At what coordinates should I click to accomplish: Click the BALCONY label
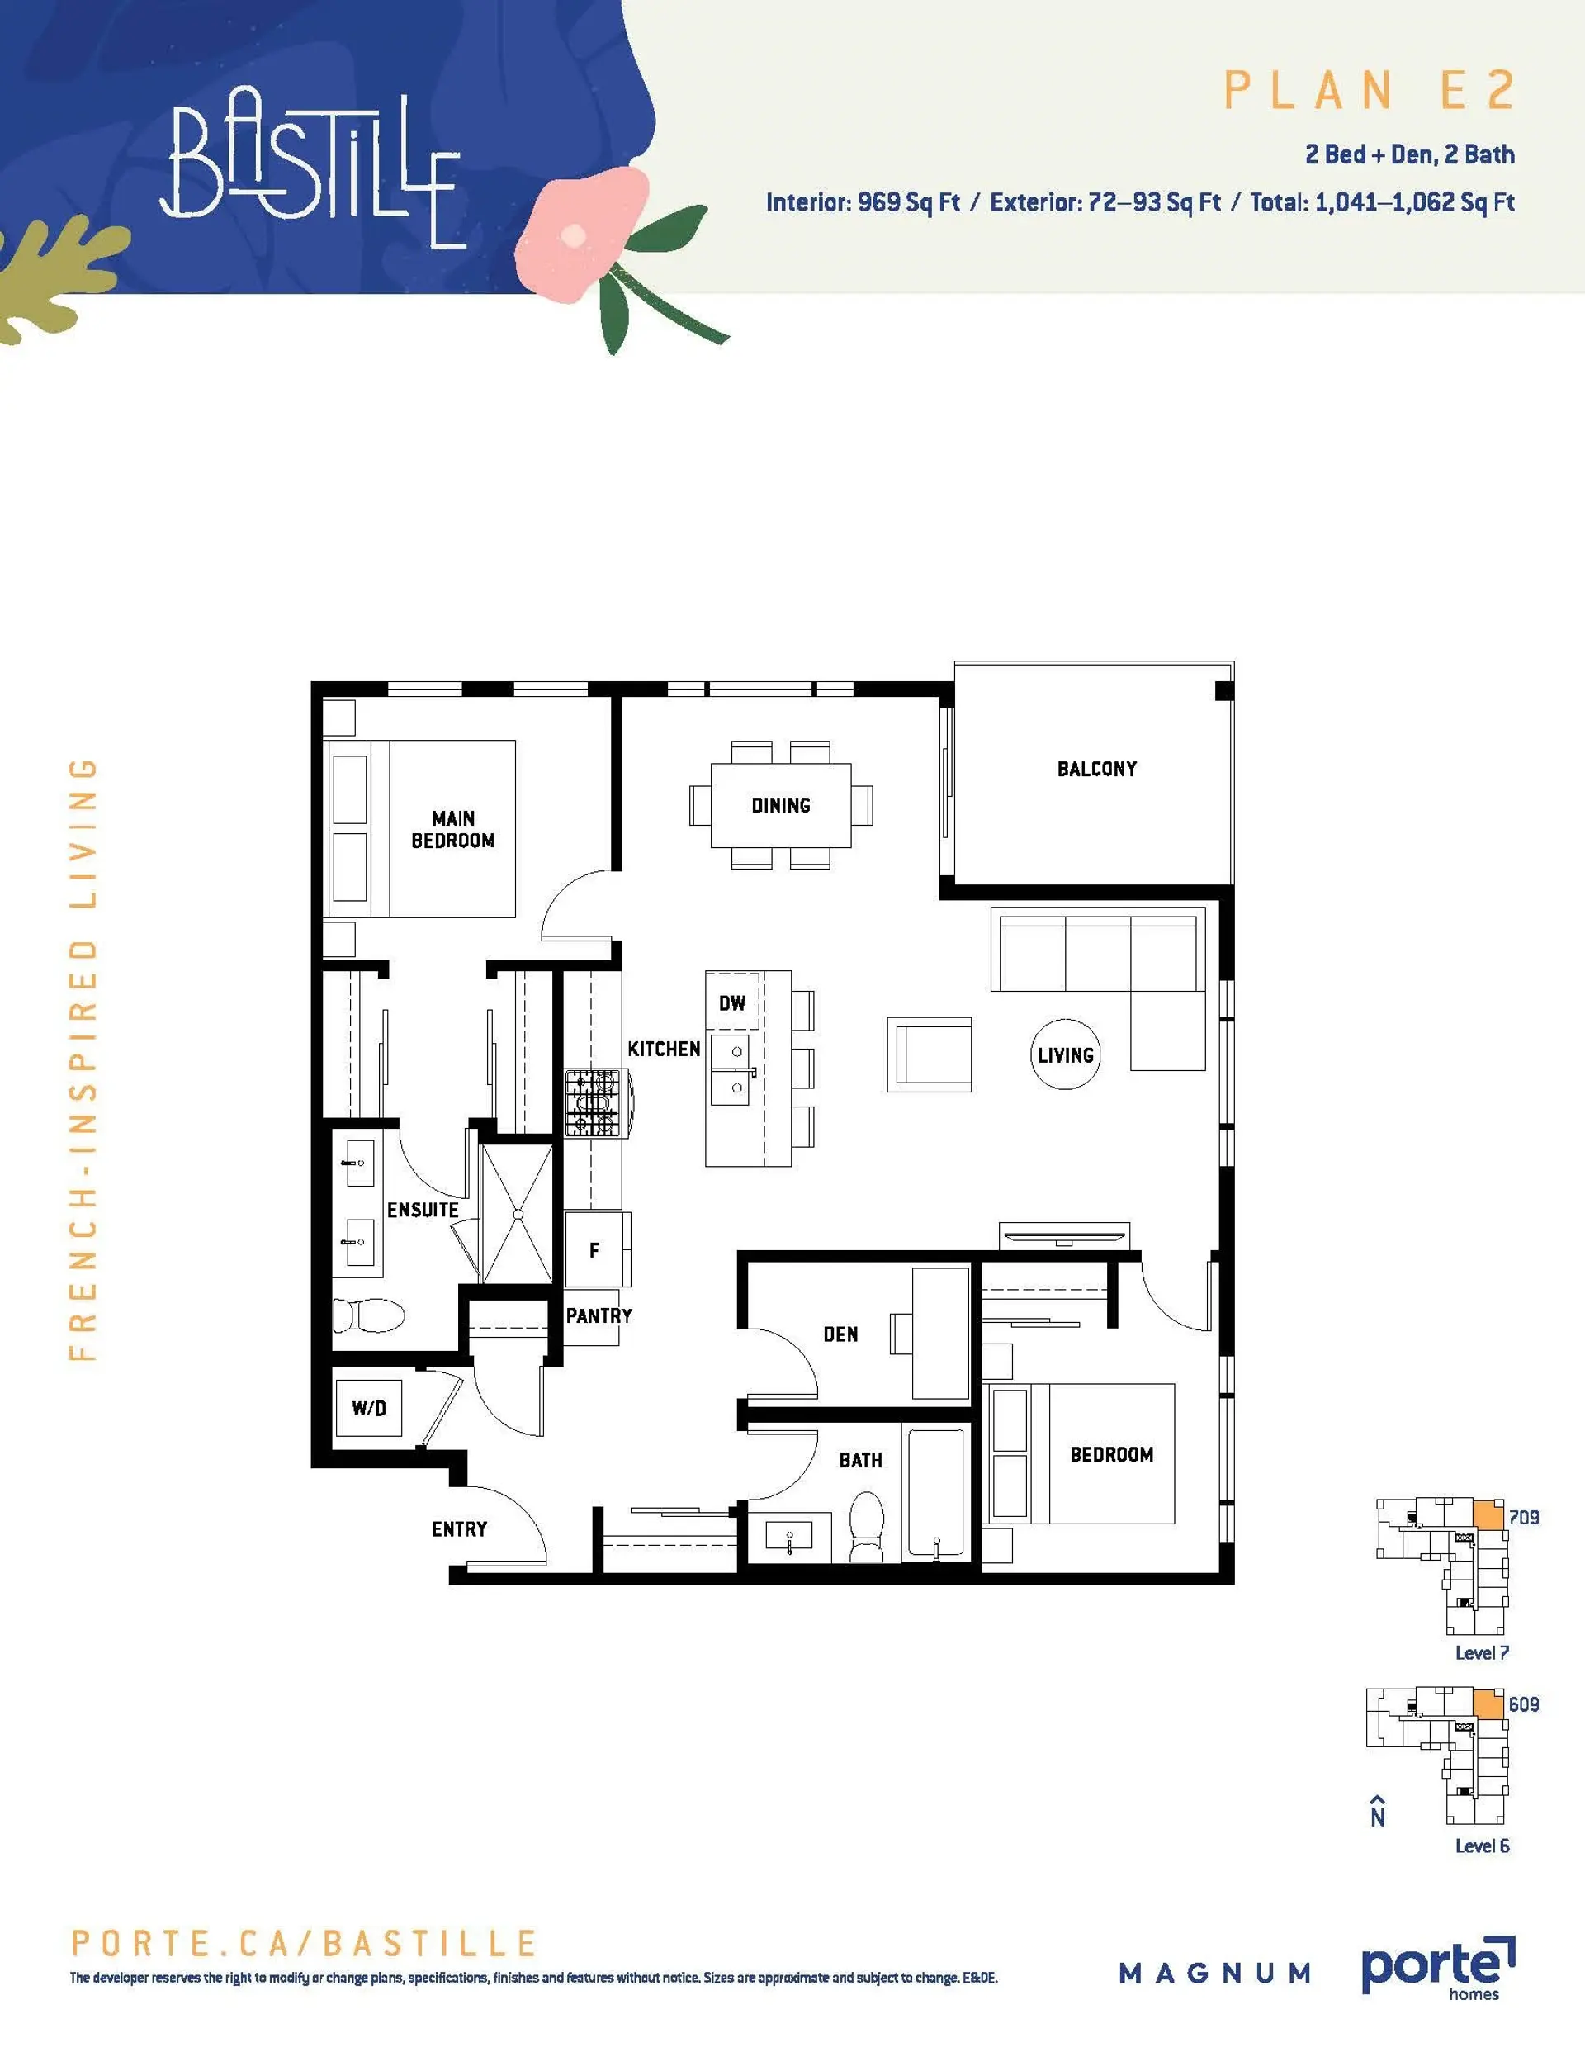pos(1096,769)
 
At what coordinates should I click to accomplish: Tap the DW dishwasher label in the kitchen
pos(732,1002)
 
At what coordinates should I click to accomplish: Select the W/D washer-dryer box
pos(369,1407)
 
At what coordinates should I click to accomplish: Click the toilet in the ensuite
pos(367,1315)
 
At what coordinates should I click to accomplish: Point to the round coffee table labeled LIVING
pos(1066,1054)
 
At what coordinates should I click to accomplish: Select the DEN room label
pos(840,1334)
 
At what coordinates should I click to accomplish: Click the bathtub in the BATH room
pos(934,1494)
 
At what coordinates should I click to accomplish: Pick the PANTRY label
pos(599,1316)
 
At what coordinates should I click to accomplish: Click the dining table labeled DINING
pos(781,805)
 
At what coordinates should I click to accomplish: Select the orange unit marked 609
pos(1488,1704)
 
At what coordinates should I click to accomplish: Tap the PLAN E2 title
pos(1369,91)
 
